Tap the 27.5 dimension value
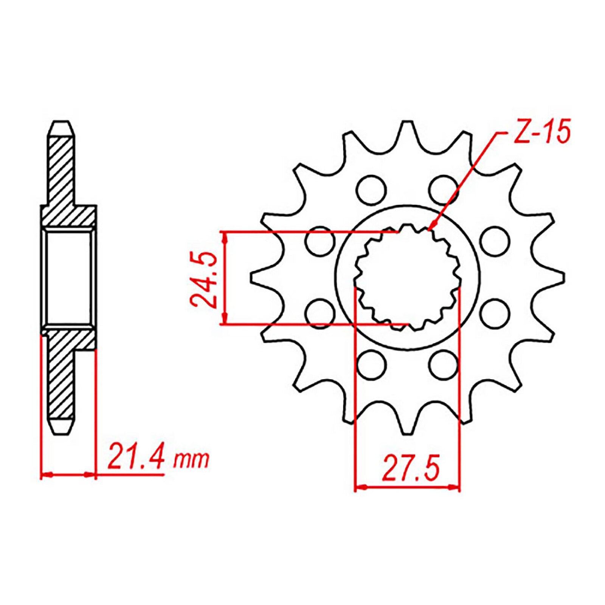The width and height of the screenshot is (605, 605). (411, 469)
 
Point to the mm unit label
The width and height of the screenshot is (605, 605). (191, 460)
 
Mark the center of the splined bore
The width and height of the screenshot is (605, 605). (408, 277)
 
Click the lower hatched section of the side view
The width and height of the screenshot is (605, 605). (60, 374)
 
